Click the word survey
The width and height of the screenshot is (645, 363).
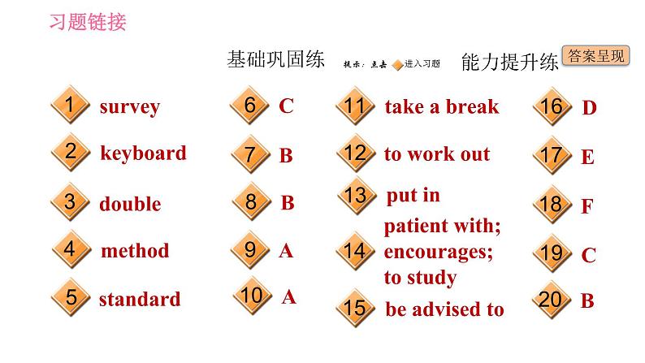(x=129, y=107)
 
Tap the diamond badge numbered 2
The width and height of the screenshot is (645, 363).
(x=71, y=152)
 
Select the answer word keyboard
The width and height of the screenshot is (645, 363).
(x=143, y=153)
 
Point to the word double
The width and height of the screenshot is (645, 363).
(x=130, y=204)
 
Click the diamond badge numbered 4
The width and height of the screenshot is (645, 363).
(x=71, y=250)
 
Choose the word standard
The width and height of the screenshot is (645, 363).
(x=139, y=299)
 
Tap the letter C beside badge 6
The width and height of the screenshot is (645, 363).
(x=286, y=106)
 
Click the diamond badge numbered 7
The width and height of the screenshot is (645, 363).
(x=250, y=154)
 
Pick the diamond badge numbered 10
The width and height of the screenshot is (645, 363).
(x=252, y=296)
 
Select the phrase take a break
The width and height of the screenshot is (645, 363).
(x=442, y=107)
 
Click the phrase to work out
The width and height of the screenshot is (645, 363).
(x=437, y=154)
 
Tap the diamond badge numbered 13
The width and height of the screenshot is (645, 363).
(x=355, y=195)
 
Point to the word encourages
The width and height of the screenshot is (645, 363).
(x=439, y=252)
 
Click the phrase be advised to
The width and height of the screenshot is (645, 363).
(x=444, y=309)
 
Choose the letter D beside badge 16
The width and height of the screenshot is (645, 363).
(x=590, y=108)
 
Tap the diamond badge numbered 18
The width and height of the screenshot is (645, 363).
(x=551, y=204)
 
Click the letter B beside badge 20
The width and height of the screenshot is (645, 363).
(x=587, y=300)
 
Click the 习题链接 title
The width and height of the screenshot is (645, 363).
(x=88, y=22)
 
